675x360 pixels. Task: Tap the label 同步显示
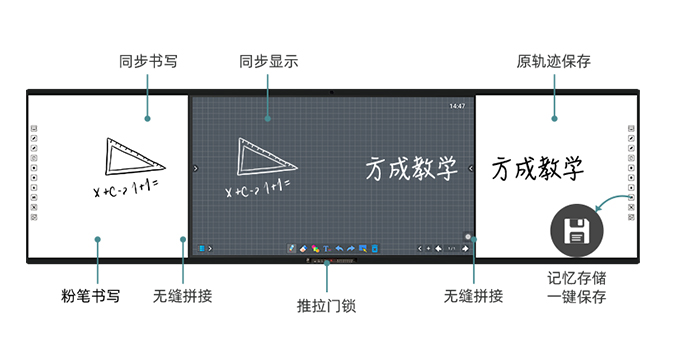(x=265, y=62)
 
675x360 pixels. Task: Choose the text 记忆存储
(x=577, y=279)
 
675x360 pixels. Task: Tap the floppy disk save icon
(x=575, y=232)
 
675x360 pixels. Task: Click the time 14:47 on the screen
(x=457, y=105)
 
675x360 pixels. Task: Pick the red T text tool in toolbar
(x=327, y=247)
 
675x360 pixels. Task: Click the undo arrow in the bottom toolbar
(x=339, y=247)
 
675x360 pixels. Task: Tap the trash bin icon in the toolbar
(x=374, y=247)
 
